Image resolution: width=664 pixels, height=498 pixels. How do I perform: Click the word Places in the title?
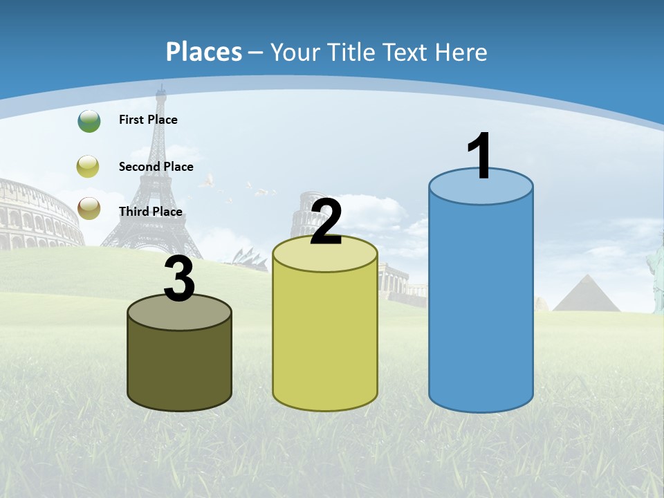[204, 52]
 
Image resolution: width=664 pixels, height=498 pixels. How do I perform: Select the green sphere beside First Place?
[89, 120]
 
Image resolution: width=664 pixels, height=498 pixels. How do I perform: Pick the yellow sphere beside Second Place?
[89, 167]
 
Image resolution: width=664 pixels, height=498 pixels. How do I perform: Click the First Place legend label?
[148, 120]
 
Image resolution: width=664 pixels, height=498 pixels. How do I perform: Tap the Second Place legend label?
[156, 167]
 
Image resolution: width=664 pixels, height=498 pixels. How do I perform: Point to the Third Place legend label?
[150, 212]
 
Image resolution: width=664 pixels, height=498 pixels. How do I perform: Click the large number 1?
[480, 157]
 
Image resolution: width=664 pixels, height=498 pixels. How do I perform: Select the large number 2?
[326, 222]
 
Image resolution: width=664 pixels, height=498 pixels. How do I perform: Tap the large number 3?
[180, 279]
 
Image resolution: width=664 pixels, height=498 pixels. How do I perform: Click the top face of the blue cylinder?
[481, 187]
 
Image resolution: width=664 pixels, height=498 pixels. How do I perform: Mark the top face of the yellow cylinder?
[325, 255]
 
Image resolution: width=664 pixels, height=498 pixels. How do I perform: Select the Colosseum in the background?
[38, 214]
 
